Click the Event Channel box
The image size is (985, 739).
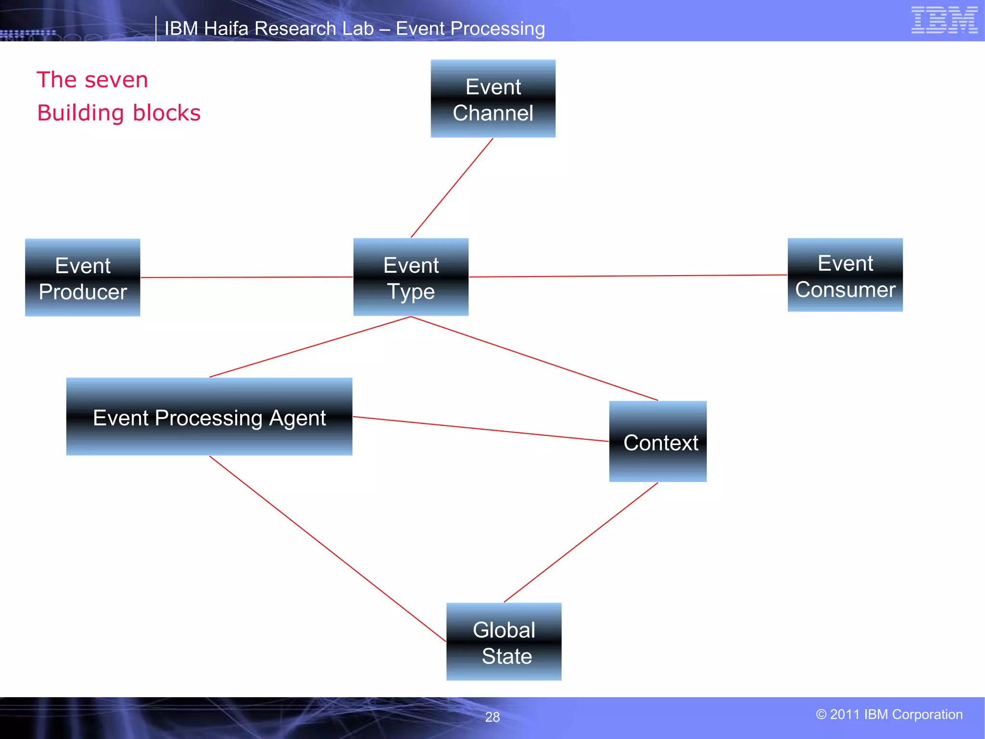tap(493, 99)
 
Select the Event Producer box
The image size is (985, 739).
tap(83, 278)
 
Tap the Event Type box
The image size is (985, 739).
tap(411, 277)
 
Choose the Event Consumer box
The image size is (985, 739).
tap(845, 275)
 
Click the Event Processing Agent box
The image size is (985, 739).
tap(209, 417)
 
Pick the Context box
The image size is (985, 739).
tap(657, 442)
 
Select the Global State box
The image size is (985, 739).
tap(504, 641)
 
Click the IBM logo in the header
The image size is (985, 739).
tap(944, 20)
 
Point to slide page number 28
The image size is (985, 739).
tap(492, 717)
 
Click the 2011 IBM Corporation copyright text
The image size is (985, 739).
tap(889, 714)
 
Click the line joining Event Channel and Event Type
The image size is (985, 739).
tap(452, 188)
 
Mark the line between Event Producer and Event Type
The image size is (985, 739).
tap(247, 277)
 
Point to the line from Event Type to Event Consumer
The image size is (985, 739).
tap(628, 276)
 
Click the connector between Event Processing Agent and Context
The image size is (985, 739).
tap(481, 429)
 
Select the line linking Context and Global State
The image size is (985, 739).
tap(581, 542)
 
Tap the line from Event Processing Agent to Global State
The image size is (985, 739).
tap(328, 548)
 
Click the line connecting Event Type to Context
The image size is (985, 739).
tap(534, 358)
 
